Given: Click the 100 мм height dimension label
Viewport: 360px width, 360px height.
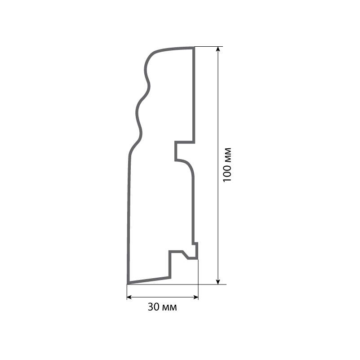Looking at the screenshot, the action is pos(227,164).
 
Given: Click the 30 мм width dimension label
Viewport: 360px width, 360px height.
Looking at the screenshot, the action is pos(162,307).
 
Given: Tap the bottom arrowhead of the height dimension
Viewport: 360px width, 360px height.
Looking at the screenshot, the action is pos(218,282).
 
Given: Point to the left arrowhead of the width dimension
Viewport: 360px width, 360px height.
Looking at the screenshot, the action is pos(129,298).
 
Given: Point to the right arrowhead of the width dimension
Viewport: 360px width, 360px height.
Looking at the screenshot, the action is pos(196,298).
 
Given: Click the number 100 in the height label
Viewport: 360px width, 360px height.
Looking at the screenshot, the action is pos(227,173).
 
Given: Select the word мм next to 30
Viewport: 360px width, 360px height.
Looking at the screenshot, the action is pos(170,308).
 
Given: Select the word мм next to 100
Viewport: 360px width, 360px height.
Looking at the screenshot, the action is pos(227,154).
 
